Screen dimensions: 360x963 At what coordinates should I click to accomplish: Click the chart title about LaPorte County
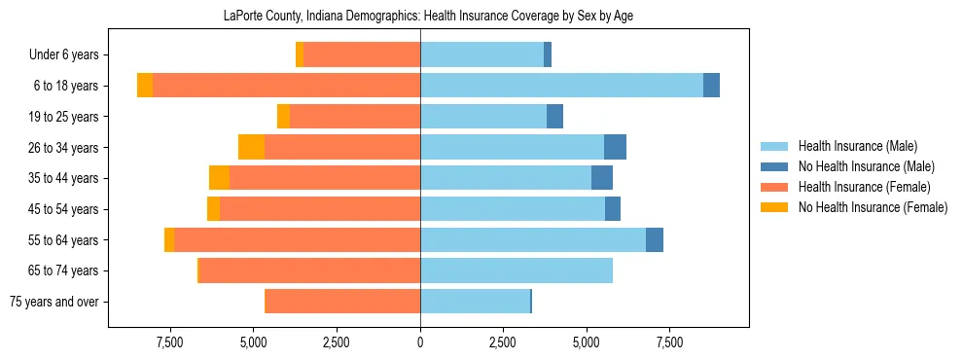(x=420, y=17)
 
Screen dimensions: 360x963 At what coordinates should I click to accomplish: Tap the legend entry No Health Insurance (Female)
(x=873, y=207)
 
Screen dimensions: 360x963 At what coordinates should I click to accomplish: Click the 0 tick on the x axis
(x=420, y=343)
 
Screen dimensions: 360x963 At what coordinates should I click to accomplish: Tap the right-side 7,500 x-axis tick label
(x=669, y=343)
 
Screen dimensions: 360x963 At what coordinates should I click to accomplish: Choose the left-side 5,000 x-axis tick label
(x=253, y=343)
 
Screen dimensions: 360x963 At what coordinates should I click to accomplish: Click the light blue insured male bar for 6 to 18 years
(x=561, y=86)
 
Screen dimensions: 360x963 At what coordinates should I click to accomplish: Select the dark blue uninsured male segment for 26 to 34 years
(x=615, y=147)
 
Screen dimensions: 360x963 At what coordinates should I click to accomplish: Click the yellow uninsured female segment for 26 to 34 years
(x=251, y=147)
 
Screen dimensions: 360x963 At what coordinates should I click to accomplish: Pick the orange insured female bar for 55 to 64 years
(x=297, y=239)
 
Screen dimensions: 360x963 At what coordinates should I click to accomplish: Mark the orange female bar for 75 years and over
(x=342, y=302)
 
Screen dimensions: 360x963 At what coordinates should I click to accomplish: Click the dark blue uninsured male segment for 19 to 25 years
(x=554, y=117)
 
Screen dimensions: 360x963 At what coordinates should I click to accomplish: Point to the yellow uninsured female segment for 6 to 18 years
(x=145, y=86)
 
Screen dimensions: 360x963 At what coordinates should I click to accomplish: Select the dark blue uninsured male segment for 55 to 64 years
(x=655, y=239)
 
